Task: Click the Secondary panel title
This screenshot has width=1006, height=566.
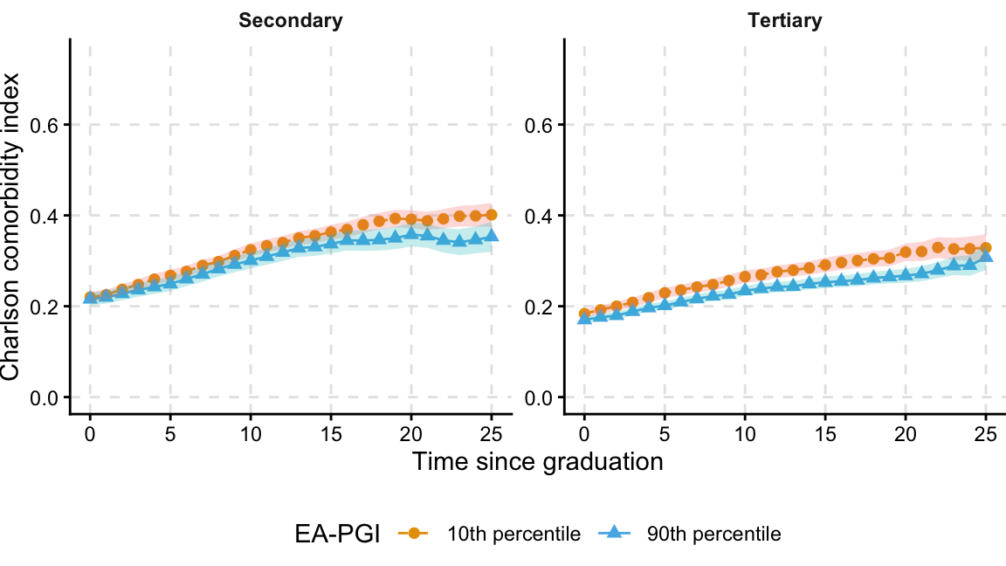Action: coord(291,21)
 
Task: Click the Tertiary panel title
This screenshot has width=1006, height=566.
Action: coord(785,21)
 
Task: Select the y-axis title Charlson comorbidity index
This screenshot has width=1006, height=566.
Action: coord(10,226)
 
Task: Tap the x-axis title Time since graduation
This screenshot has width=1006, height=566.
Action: coord(538,461)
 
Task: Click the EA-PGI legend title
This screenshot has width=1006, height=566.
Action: coord(337,534)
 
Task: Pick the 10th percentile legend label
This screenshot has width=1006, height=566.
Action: coord(513,534)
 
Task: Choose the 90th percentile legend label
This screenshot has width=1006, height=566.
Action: coord(714,534)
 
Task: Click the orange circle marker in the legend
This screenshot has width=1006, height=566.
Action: coord(414,534)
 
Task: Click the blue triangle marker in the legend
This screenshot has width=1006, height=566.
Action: coord(614,532)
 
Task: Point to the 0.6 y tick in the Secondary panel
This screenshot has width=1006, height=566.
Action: coord(44,125)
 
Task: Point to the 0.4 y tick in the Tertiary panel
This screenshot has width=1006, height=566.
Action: coord(538,217)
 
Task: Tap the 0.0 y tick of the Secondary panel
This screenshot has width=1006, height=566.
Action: coord(44,398)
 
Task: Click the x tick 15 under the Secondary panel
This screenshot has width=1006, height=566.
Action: coord(330,434)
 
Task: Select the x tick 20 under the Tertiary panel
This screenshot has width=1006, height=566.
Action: coord(906,434)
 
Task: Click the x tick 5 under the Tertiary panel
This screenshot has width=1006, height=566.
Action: coord(664,434)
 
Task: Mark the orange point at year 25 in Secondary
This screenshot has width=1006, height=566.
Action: coord(492,215)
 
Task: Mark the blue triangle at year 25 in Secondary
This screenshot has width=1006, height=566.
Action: coord(492,235)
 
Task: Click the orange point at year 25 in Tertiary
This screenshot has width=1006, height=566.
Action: coord(985,248)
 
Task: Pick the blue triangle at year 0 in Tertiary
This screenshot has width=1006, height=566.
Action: coord(584,318)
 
